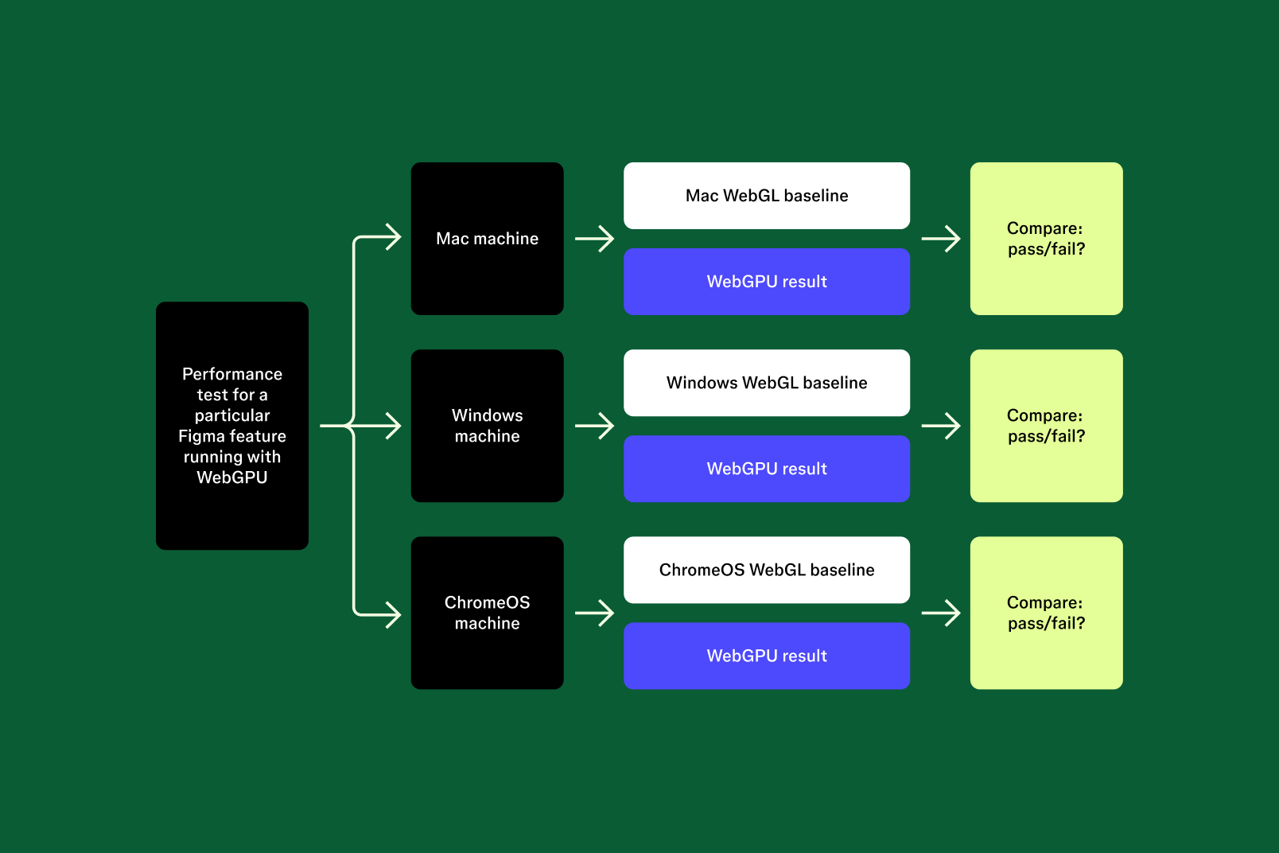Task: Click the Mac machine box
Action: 487,239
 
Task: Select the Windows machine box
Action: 487,426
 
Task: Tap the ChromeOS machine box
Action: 487,613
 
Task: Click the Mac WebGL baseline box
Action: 767,196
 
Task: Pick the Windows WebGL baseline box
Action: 767,383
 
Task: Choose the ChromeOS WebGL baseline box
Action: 767,570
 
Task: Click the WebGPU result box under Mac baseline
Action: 767,282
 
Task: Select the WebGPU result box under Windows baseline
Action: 767,469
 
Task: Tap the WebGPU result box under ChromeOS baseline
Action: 767,656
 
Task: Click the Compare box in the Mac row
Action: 1046,239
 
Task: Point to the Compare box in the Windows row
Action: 1046,426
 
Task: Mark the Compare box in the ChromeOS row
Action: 1046,613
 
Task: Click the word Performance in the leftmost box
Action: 232,374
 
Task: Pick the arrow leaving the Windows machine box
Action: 595,426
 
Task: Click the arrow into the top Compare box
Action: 941,239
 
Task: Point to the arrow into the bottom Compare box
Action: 941,613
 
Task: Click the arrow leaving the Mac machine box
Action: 595,239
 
